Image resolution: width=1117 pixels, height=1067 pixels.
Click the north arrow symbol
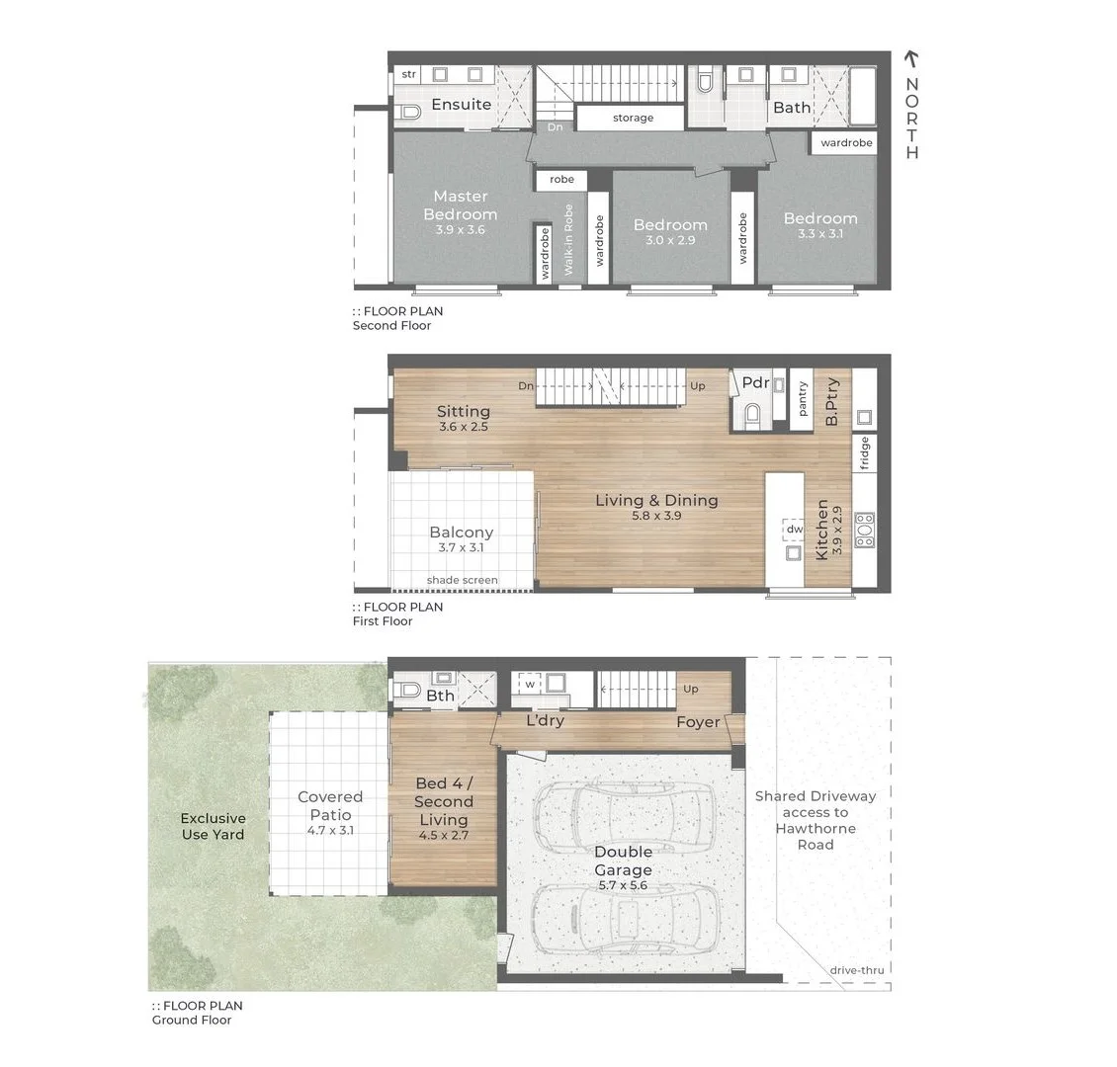911,62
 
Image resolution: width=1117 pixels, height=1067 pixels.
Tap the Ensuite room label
461,105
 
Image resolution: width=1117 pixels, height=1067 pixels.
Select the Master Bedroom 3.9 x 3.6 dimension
461,230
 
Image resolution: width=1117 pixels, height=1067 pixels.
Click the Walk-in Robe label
569,240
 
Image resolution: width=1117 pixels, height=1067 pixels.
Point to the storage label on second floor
633,118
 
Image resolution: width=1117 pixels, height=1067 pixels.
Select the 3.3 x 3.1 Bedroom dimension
820,235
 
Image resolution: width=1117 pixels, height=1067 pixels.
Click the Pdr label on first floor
755,383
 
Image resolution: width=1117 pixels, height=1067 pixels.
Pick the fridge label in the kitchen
864,453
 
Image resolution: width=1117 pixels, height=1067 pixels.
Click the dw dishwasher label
794,530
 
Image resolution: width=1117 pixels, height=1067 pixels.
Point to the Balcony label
461,533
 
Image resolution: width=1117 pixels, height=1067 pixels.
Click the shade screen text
462,580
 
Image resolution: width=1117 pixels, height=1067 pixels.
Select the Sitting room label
463,411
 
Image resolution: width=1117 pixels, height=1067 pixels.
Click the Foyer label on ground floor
698,722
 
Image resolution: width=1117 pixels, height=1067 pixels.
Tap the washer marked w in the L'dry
530,684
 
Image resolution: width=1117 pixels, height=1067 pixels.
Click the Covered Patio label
330,805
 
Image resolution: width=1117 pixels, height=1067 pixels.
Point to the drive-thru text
856,970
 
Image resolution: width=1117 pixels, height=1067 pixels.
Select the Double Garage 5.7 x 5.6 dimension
623,886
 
